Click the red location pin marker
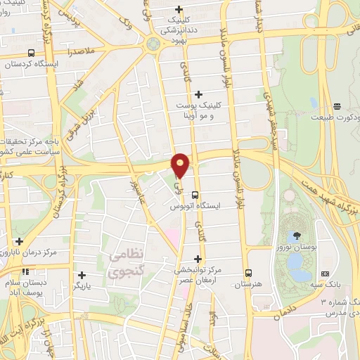click(x=181, y=165)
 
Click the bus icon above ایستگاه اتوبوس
click(x=195, y=196)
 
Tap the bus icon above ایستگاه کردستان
click(x=30, y=53)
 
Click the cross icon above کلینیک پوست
click(x=198, y=94)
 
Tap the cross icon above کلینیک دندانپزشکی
click(x=179, y=10)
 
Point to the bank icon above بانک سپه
click(x=324, y=273)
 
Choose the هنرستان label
click(x=247, y=284)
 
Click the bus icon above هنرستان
click(x=247, y=272)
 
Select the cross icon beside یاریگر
click(x=82, y=275)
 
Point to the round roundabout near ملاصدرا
click(x=153, y=44)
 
